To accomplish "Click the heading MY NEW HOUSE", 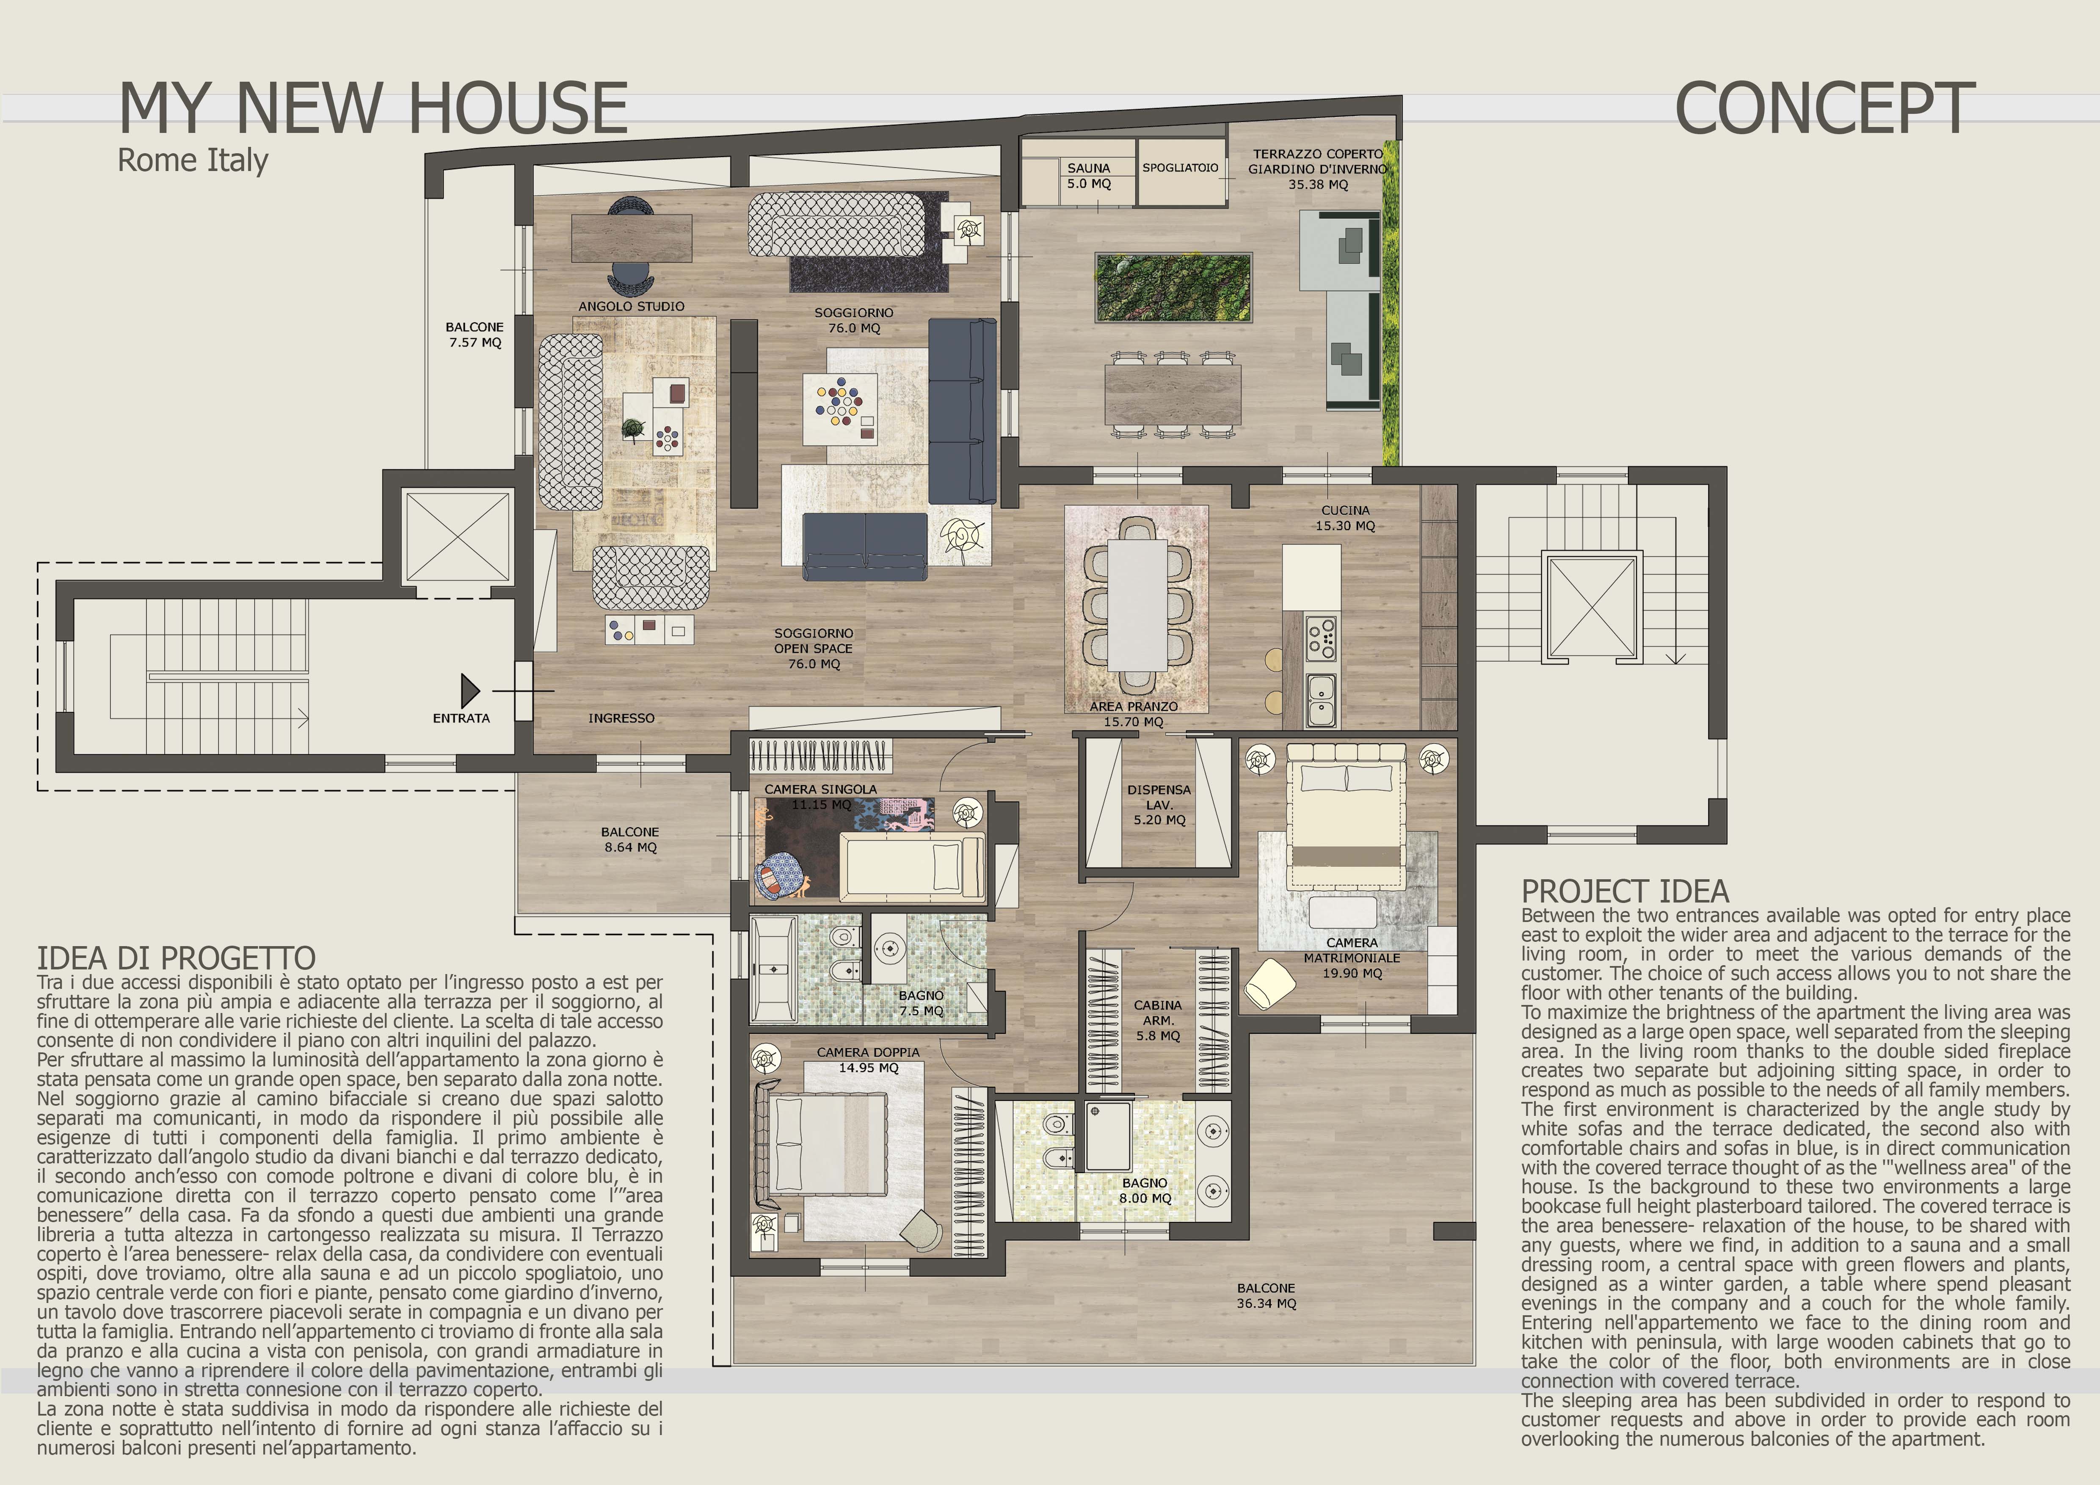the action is (373, 108).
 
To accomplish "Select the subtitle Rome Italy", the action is (193, 160).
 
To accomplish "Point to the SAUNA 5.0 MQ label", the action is (1088, 176).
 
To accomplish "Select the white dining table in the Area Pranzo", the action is (1138, 604).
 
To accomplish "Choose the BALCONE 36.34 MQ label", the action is (1267, 1296).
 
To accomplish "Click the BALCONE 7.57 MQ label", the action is (475, 335).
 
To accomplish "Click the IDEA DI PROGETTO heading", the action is (177, 958).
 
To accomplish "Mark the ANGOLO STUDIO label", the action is (631, 306).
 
